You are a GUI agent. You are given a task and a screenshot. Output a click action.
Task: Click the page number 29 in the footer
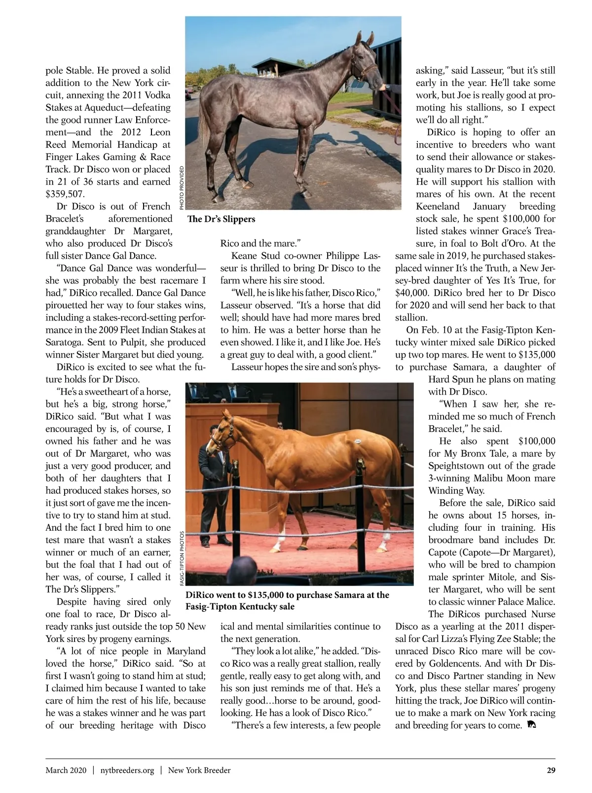[551, 770]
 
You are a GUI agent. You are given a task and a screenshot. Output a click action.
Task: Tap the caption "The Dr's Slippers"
[222, 219]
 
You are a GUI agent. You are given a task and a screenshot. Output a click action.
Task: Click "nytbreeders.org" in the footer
[127, 770]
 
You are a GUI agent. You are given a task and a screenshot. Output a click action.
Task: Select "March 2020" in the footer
[66, 770]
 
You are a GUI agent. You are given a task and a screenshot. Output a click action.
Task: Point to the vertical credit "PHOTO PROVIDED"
[182, 188]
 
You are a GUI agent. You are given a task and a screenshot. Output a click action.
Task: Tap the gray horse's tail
[203, 123]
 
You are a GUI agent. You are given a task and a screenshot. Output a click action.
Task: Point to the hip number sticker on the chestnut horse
[357, 440]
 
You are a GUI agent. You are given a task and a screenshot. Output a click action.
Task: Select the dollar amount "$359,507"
[65, 194]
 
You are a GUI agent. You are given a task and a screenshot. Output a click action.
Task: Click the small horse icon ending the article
[532, 725]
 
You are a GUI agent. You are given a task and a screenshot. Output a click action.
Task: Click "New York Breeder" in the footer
[199, 770]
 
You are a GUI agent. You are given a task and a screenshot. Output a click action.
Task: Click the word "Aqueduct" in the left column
[103, 108]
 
